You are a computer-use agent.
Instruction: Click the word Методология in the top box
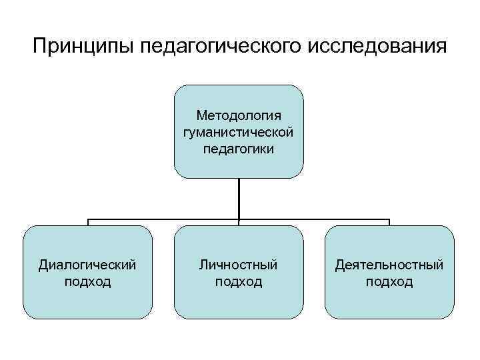[x=239, y=117]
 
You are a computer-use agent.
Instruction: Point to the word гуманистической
[x=239, y=132]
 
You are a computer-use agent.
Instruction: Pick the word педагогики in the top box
[x=239, y=147]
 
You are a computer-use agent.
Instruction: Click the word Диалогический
[x=88, y=265]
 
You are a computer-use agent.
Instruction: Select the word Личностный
[x=239, y=265]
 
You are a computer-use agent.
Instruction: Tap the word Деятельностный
[x=389, y=265]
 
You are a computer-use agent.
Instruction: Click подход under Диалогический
[x=88, y=281]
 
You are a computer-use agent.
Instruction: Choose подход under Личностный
[x=239, y=281]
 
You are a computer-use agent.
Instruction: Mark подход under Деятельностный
[x=389, y=281]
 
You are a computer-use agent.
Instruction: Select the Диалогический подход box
[x=88, y=303]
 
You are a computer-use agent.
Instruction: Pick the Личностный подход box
[x=239, y=303]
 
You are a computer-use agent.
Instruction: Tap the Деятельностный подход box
[x=389, y=303]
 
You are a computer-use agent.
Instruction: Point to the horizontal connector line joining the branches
[x=163, y=219]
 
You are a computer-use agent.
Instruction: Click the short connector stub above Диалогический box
[x=88, y=222]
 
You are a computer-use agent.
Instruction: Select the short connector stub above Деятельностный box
[x=389, y=222]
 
